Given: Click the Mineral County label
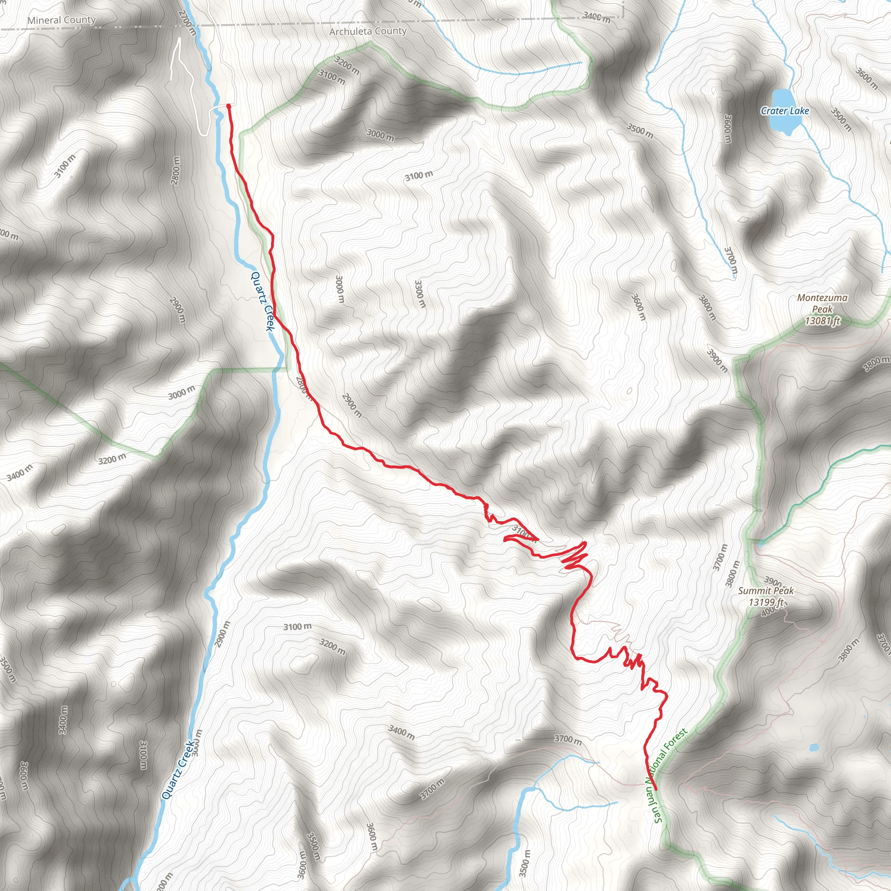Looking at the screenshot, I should (61, 20).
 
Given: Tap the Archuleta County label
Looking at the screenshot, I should (368, 31).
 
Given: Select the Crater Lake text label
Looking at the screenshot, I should (784, 111).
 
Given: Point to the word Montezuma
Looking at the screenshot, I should (822, 298).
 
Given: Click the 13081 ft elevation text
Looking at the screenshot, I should (822, 321).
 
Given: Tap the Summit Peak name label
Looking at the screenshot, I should (766, 590).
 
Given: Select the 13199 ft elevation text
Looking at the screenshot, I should (766, 602).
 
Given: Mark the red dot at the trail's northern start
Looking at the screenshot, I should (228, 106).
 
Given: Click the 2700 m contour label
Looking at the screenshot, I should (188, 22).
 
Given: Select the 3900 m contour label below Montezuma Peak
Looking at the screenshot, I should (717, 360).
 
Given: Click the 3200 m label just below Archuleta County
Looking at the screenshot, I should (347, 66).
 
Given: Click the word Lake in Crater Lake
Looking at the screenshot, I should (799, 111).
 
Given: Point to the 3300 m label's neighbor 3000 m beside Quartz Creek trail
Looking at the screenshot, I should (339, 289).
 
